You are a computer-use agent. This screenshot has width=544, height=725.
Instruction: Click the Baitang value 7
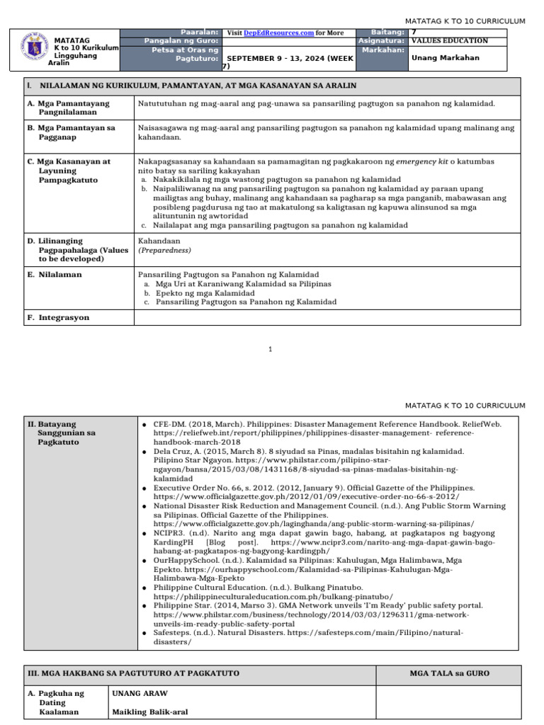(x=414, y=33)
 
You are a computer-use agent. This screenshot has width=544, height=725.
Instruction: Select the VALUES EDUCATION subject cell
(x=449, y=41)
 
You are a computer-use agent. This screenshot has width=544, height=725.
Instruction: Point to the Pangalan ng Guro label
(x=181, y=41)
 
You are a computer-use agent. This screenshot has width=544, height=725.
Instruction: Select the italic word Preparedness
(x=164, y=250)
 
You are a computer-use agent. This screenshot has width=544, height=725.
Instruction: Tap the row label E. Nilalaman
(x=55, y=275)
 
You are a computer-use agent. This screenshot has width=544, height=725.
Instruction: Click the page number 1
(x=271, y=349)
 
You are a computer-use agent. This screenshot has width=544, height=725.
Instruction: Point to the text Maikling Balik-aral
(x=149, y=712)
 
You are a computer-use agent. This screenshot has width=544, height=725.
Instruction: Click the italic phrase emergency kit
(x=422, y=161)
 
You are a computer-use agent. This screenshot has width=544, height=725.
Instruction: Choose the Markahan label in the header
(x=382, y=50)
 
